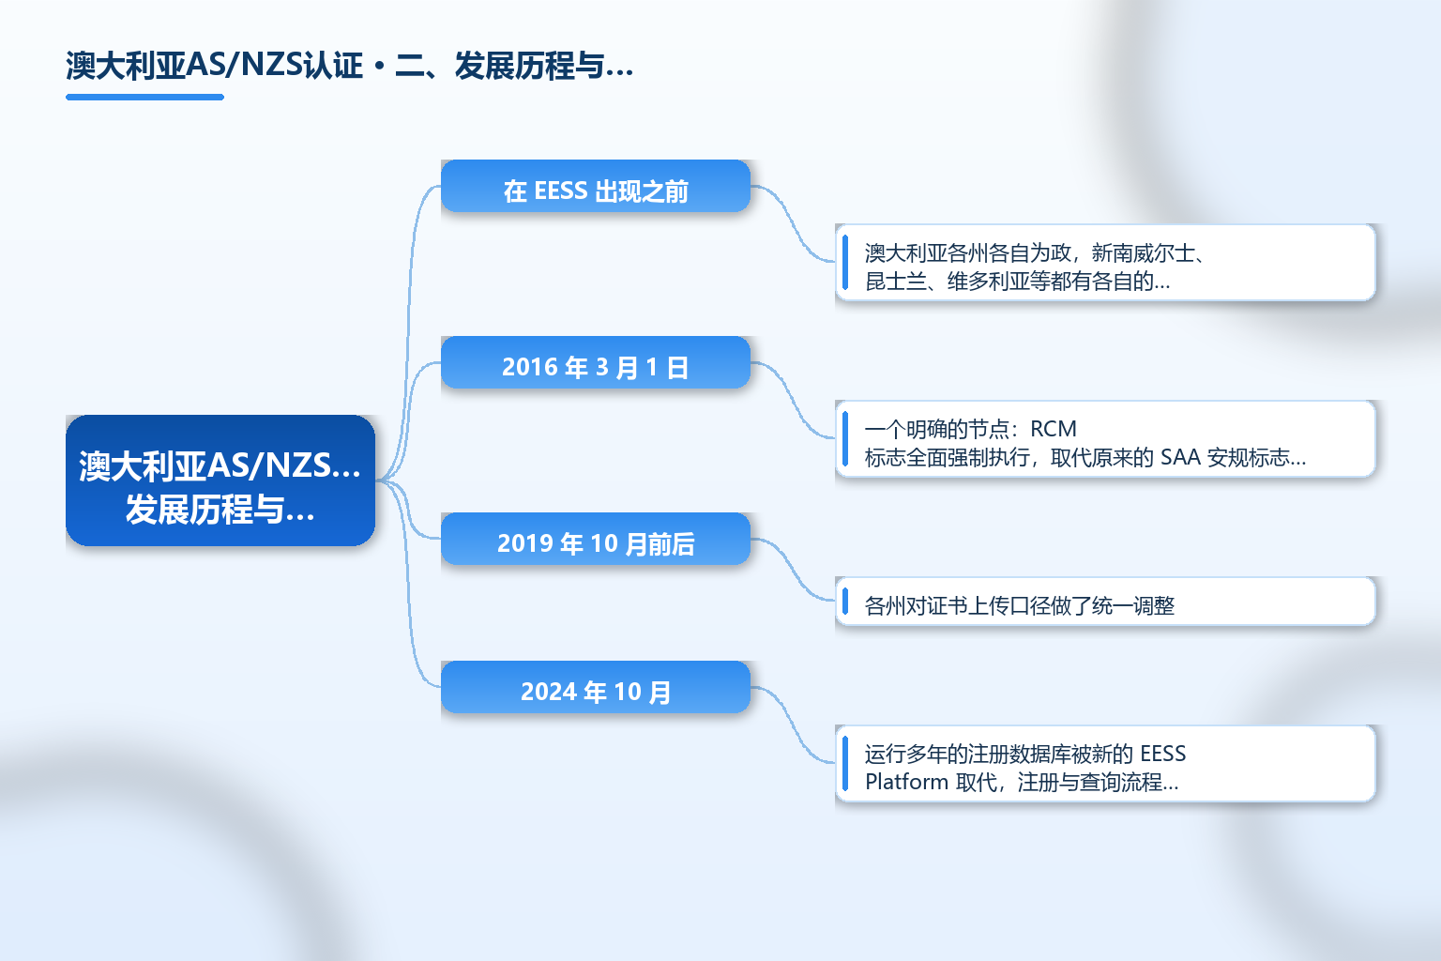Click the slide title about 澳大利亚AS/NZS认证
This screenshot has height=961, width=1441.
click(x=349, y=66)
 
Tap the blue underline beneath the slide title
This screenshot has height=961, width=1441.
click(x=144, y=98)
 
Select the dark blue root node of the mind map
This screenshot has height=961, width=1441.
click(x=220, y=480)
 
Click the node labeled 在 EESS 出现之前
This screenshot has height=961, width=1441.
click(x=596, y=186)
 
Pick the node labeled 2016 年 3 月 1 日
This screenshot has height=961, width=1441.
click(x=596, y=362)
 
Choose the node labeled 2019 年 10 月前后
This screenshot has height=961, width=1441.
click(x=596, y=539)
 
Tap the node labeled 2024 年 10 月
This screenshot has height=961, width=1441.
click(x=596, y=687)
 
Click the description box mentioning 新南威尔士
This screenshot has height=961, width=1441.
click(x=1105, y=263)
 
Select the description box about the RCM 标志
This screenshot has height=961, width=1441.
click(x=1105, y=439)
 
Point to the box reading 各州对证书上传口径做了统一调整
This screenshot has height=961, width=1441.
click(x=1105, y=602)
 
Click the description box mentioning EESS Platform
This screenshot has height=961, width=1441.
click(x=1105, y=763)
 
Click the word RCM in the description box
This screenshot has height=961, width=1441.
click(x=1054, y=429)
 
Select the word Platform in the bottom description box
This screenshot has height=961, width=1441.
click(x=906, y=782)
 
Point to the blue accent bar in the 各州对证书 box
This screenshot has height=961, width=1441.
click(x=845, y=602)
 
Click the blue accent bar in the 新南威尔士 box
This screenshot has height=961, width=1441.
click(x=845, y=263)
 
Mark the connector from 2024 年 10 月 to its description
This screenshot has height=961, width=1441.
click(x=793, y=725)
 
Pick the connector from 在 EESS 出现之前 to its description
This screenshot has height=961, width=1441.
click(x=793, y=224)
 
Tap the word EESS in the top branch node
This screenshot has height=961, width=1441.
click(x=561, y=191)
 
